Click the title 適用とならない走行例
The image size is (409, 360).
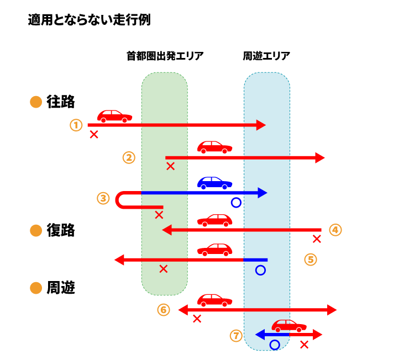pyautogui.click(x=89, y=20)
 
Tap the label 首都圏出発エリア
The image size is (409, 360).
pyautogui.click(x=165, y=56)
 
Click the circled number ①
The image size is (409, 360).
pyautogui.click(x=76, y=125)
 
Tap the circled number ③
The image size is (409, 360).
pyautogui.click(x=103, y=198)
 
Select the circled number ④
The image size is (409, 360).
pyautogui.click(x=335, y=229)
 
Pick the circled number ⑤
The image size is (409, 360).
pyautogui.click(x=311, y=259)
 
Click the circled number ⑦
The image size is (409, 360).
pyautogui.click(x=237, y=335)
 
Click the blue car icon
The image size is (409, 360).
pyautogui.click(x=214, y=183)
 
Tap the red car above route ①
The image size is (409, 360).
pyautogui.click(x=114, y=116)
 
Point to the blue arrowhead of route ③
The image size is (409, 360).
pyautogui.click(x=263, y=193)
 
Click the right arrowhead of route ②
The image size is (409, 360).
pyautogui.click(x=320, y=158)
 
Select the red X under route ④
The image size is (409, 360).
pyautogui.click(x=317, y=239)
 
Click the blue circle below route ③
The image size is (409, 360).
pyautogui.click(x=236, y=203)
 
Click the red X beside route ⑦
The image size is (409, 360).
pyautogui.click(x=304, y=345)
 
